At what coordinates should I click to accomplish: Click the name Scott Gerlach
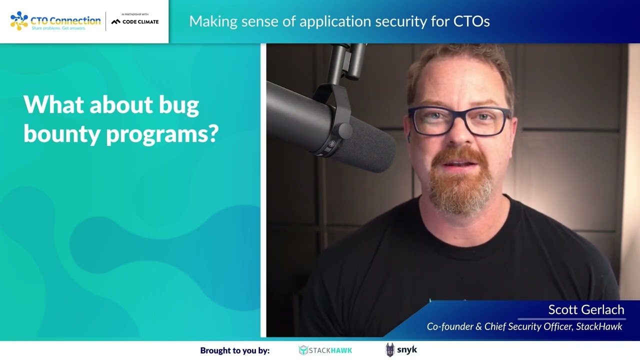click(x=586, y=309)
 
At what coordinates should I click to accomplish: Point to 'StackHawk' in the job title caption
click(x=599, y=326)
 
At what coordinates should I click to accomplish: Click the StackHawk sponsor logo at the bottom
click(x=325, y=350)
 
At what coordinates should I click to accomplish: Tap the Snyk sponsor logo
click(x=401, y=350)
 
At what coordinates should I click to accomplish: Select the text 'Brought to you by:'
click(x=235, y=350)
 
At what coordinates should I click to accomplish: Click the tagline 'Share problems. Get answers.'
click(x=58, y=28)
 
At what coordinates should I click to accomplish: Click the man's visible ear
click(x=409, y=130)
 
